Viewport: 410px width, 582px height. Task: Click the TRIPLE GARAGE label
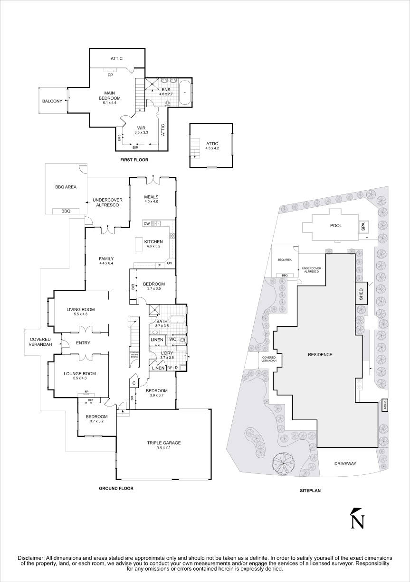[x=164, y=443]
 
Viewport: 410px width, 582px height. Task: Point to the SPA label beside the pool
[x=363, y=227]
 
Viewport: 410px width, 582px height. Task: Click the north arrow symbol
[x=357, y=518]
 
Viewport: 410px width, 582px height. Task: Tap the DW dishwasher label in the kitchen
[x=147, y=223]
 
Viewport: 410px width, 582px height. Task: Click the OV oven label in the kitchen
[x=169, y=263]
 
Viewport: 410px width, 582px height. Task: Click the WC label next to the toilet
[x=172, y=339]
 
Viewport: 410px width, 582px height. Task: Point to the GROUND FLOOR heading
[x=116, y=488]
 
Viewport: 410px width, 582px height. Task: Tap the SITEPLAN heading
[x=311, y=491]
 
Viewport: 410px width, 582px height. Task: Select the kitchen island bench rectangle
[x=140, y=244]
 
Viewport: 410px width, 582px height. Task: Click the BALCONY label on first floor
[x=52, y=101]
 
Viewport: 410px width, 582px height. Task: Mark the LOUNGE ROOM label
[x=79, y=374]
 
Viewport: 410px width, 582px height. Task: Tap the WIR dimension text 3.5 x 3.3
[x=141, y=132]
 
